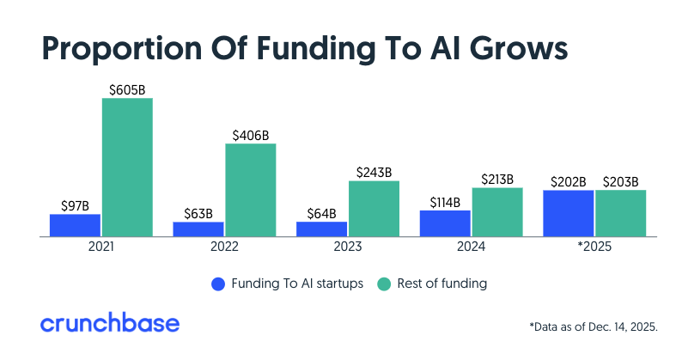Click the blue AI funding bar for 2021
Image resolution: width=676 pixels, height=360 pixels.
pos(75,225)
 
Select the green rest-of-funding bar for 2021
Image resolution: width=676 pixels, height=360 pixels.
pos(127,167)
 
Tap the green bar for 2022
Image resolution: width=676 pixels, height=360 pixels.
pos(251,189)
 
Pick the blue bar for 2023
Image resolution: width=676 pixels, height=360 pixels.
pos(321,229)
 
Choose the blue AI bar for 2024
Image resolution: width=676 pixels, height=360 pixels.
pos(445,223)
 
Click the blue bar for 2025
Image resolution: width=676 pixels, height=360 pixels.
pos(568,213)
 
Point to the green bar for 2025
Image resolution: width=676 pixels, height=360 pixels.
pos(620,213)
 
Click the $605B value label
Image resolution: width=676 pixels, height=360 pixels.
pos(127,89)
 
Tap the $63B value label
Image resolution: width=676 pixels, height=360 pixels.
pos(198,213)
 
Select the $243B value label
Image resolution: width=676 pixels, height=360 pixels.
pos(374,172)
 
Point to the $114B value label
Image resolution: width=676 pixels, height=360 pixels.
pos(445,202)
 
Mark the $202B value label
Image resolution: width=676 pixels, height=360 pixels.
pos(568,181)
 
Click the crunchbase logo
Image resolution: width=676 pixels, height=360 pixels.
pos(110,323)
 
